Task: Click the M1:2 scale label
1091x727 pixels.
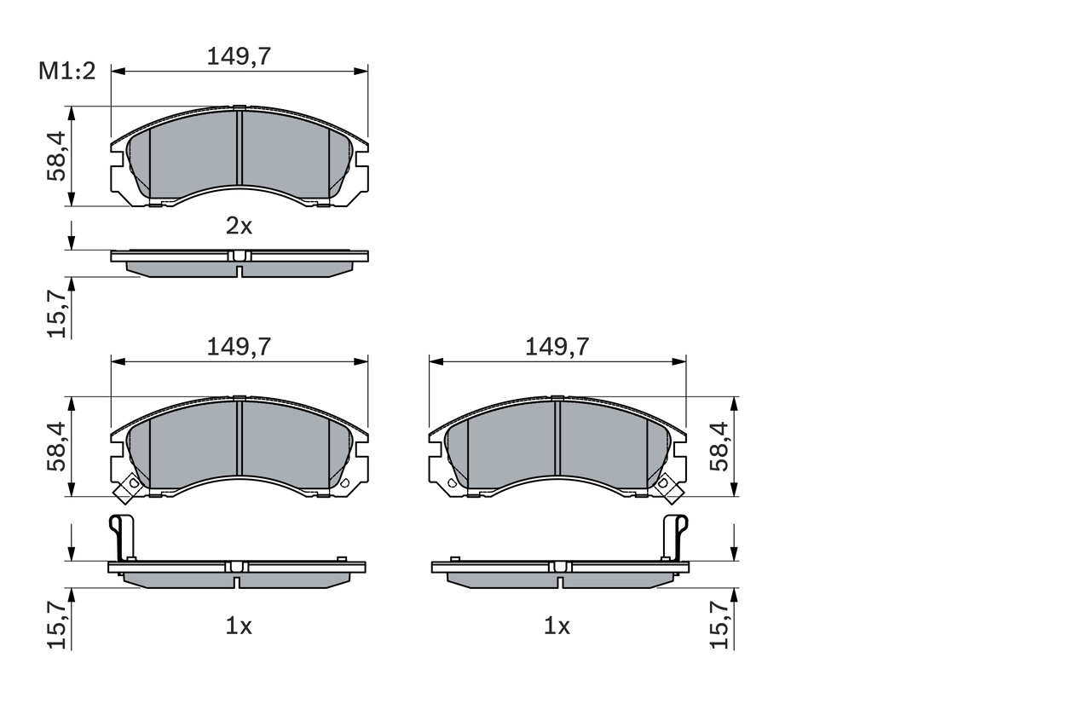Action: tap(67, 72)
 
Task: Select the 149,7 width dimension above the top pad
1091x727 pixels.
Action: tap(239, 56)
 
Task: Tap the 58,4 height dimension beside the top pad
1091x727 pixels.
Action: tap(57, 156)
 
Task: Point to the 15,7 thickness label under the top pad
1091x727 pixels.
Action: tap(57, 313)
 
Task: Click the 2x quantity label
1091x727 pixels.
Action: tap(239, 226)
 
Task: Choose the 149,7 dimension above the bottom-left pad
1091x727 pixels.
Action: tap(239, 346)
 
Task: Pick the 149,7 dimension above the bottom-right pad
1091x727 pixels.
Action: tap(557, 346)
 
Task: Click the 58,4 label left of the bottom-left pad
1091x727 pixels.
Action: tap(57, 447)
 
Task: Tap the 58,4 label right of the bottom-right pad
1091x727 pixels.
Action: tap(721, 447)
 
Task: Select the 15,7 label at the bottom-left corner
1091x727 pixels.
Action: tap(57, 625)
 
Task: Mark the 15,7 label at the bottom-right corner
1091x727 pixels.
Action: tap(721, 625)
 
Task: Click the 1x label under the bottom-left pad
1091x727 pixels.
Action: tap(239, 626)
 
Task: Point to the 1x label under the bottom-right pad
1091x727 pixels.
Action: tap(557, 626)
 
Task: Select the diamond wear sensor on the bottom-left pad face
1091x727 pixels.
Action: tap(130, 488)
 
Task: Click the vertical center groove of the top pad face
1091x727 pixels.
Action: tap(240, 148)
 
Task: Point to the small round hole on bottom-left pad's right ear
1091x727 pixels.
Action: tap(345, 483)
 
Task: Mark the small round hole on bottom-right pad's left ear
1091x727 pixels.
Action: tap(452, 483)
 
